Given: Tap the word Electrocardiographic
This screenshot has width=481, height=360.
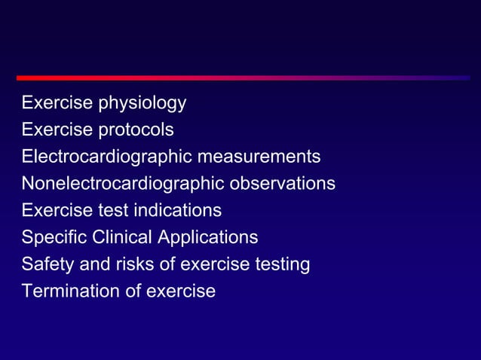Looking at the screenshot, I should pyautogui.click(x=106, y=157).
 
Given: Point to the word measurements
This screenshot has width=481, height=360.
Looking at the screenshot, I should pyautogui.click(x=259, y=157).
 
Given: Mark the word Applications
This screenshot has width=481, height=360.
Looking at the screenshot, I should pyautogui.click(x=207, y=238).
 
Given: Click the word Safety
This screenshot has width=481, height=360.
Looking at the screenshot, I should pyautogui.click(x=45, y=264).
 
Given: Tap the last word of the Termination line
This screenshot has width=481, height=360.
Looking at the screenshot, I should pyautogui.click(x=183, y=291).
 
